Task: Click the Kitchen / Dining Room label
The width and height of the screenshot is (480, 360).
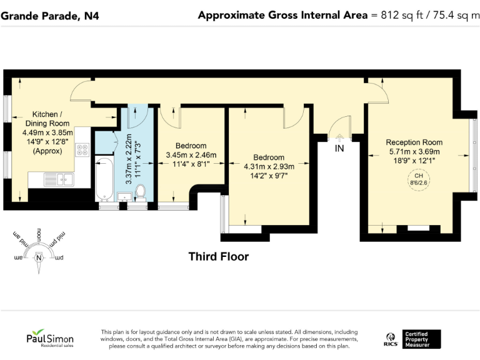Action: point(47,119)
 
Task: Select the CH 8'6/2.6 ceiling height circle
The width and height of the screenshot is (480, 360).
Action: point(414,180)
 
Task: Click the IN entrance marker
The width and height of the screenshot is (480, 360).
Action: point(339,149)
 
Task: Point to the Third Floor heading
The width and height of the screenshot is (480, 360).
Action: point(219,257)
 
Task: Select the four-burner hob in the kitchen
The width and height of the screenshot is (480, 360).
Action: point(82,150)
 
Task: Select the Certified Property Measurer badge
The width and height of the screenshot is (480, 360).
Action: point(421,339)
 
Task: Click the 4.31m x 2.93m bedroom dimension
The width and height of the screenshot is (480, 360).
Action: point(268,166)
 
